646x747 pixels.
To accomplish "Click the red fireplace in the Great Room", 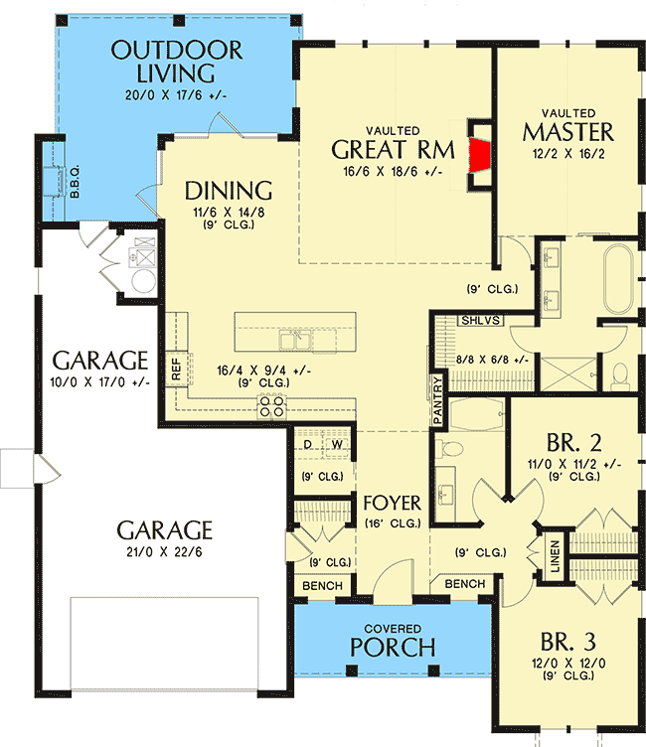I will pyautogui.click(x=481, y=154).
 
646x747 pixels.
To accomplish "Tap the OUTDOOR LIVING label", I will pyautogui.click(x=177, y=61).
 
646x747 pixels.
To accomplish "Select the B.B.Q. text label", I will pyautogui.click(x=75, y=180).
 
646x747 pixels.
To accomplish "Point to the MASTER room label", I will pyautogui.click(x=567, y=132).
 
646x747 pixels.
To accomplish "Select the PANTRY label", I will pyautogui.click(x=436, y=398).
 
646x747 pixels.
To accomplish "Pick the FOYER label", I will pyautogui.click(x=391, y=502).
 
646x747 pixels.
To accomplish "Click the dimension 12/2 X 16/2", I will pyautogui.click(x=567, y=154).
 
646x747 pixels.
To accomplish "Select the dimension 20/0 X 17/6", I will pyautogui.click(x=177, y=94).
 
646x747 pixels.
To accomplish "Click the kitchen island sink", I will pyautogui.click(x=295, y=342).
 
